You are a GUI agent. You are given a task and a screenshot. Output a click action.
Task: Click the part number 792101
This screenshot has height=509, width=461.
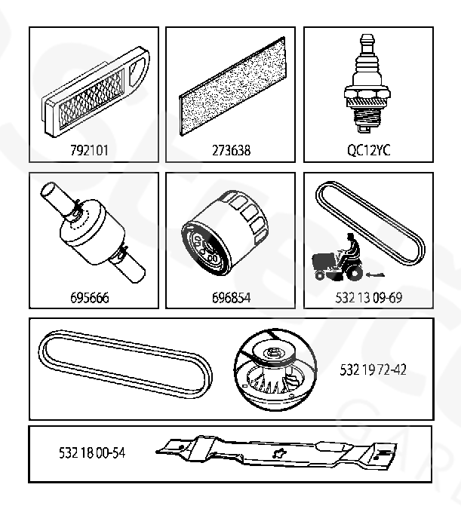pyautogui.click(x=89, y=150)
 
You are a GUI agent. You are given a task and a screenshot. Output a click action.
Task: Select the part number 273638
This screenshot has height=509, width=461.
pyautogui.click(x=231, y=150)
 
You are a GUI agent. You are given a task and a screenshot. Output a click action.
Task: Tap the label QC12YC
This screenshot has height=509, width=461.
pyautogui.click(x=369, y=150)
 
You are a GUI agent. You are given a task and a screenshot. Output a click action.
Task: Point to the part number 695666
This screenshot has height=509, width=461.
pyautogui.click(x=90, y=298)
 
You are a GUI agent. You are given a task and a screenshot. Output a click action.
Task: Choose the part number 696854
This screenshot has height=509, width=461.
pyautogui.click(x=231, y=298)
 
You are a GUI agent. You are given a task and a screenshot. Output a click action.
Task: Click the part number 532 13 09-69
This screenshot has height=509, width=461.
pyautogui.click(x=369, y=298)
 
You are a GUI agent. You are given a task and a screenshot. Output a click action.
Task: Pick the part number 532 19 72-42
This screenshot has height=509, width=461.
pyautogui.click(x=373, y=369)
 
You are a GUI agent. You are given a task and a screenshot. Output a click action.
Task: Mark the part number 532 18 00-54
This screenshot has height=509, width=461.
pyautogui.click(x=92, y=452)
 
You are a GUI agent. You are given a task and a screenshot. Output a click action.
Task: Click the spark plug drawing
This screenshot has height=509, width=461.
pyautogui.click(x=367, y=84)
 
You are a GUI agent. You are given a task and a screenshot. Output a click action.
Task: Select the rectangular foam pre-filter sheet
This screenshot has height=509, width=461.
pyautogui.click(x=232, y=86)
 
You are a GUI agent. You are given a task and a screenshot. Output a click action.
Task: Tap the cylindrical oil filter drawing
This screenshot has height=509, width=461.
pyautogui.click(x=225, y=233)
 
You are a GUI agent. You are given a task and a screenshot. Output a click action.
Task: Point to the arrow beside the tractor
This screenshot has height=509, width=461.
pyautogui.click(x=375, y=275)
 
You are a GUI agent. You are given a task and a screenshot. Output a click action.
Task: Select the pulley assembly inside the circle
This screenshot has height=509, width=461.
pyautogui.click(x=275, y=369)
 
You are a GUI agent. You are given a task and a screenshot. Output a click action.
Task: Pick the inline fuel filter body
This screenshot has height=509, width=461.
pyautogui.click(x=92, y=232)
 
